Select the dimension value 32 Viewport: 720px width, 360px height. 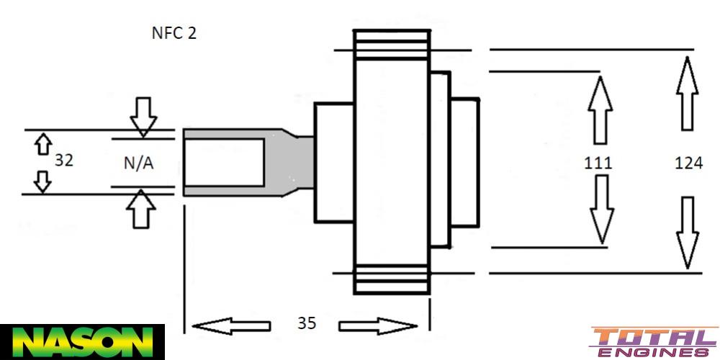coord(64,161)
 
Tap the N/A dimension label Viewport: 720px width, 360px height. coord(138,163)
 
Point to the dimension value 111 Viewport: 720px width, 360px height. coord(598,163)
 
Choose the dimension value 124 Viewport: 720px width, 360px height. coord(688,163)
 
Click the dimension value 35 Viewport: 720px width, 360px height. coord(307,323)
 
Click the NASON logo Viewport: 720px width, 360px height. coord(82,341)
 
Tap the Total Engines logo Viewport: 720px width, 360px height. coord(654,342)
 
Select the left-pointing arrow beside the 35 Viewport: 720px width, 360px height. coord(231,326)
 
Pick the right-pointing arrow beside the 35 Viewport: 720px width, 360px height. coord(378,326)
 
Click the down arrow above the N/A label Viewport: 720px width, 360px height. coord(143,116)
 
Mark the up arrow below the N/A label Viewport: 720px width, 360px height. coord(141,210)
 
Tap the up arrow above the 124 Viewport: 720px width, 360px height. coord(688,93)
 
